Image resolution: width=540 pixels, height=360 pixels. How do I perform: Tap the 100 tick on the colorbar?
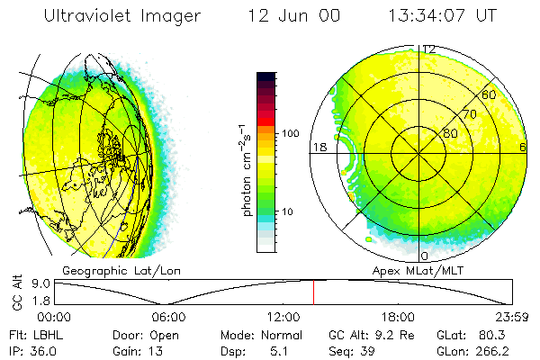coord(290,133)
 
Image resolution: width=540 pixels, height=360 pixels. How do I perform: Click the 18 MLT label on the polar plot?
coord(318,147)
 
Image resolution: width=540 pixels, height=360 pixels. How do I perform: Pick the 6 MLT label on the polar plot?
coord(523,147)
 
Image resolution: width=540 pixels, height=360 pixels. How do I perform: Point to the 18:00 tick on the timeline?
coord(398,317)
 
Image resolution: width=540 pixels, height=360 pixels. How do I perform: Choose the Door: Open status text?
coord(139,334)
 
